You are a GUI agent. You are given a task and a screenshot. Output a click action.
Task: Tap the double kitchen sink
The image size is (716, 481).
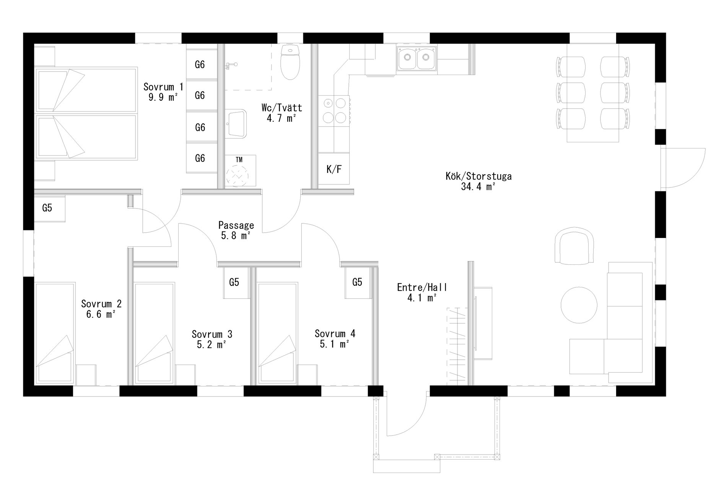417,59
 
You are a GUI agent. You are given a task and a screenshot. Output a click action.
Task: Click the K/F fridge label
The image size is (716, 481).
334,169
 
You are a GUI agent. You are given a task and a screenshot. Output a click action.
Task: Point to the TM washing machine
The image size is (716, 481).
240,171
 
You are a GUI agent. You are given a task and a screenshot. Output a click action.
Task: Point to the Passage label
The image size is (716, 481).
236,225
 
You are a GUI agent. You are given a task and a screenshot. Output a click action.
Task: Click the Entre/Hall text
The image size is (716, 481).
422,287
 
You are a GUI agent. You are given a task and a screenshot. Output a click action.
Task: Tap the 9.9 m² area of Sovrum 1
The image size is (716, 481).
163,97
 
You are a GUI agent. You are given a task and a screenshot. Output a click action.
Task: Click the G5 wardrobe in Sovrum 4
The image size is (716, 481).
358,282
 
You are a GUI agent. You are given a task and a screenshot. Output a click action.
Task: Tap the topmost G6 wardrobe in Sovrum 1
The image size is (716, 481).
200,64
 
